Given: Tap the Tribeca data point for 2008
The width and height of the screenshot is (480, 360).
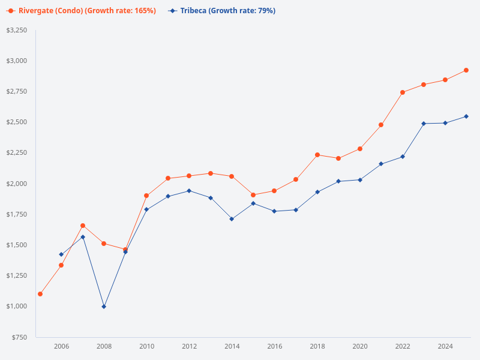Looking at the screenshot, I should pyautogui.click(x=104, y=307).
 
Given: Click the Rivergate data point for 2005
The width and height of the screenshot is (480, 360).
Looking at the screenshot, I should pyautogui.click(x=40, y=294).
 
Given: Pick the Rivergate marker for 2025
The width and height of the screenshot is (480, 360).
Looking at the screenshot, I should pyautogui.click(x=466, y=70).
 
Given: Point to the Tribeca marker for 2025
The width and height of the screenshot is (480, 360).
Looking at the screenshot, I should pyautogui.click(x=466, y=116).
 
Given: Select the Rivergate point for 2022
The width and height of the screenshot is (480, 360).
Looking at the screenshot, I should pyautogui.click(x=403, y=92).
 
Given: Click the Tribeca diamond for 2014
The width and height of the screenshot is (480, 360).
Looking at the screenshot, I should pyautogui.click(x=232, y=219).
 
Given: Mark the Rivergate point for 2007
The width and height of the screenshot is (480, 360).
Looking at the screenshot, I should pyautogui.click(x=83, y=226).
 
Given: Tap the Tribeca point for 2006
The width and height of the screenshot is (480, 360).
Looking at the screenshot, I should pyautogui.click(x=61, y=254).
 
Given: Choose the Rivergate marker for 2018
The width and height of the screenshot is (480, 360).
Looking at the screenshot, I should pyautogui.click(x=317, y=155).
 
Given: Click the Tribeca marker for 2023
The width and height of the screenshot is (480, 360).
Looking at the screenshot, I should pyautogui.click(x=424, y=124).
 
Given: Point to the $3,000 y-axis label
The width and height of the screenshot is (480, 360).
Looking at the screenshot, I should pyautogui.click(x=17, y=61).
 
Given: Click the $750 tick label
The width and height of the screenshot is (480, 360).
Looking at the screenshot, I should pyautogui.click(x=19, y=337).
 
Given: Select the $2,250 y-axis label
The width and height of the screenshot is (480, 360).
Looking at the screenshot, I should pyautogui.click(x=17, y=153).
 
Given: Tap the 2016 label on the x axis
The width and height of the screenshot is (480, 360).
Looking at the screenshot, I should pyautogui.click(x=274, y=346).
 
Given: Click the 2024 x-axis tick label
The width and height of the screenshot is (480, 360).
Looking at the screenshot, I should pyautogui.click(x=445, y=346).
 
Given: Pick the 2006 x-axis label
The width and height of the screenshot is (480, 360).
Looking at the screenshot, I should pyautogui.click(x=61, y=346).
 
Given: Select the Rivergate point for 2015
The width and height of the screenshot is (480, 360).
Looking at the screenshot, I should pyautogui.click(x=253, y=195).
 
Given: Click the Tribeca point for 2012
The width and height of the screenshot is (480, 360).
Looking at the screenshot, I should pyautogui.click(x=189, y=191).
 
